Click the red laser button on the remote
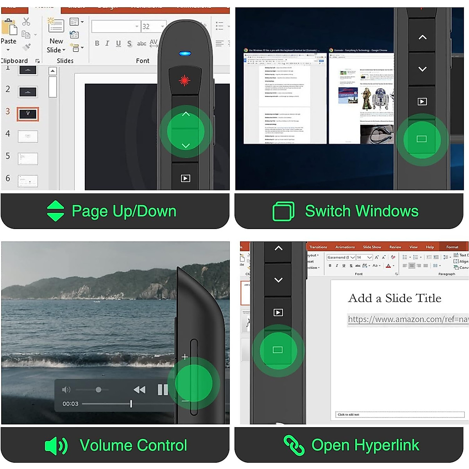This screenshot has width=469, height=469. point(184,81)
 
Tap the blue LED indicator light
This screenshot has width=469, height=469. point(185,54)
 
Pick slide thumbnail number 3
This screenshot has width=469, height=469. point(28,114)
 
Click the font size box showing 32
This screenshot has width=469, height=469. point(152,27)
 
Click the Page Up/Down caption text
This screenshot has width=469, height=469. point(124,211)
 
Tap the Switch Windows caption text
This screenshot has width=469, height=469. point(362,211)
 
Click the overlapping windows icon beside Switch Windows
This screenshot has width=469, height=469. point(283,211)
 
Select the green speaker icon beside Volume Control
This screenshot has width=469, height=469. point(56,446)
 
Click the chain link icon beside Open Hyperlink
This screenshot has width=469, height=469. point(294,445)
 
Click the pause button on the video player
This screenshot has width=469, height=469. point(162,390)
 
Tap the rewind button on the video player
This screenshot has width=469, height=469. point(139,390)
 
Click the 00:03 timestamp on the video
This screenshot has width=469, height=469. point(70,404)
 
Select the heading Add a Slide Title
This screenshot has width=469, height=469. point(394,298)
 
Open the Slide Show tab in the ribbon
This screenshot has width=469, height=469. point(372,247)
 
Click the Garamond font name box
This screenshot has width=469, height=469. point(338,257)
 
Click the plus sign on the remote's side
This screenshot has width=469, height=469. point(185,357)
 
